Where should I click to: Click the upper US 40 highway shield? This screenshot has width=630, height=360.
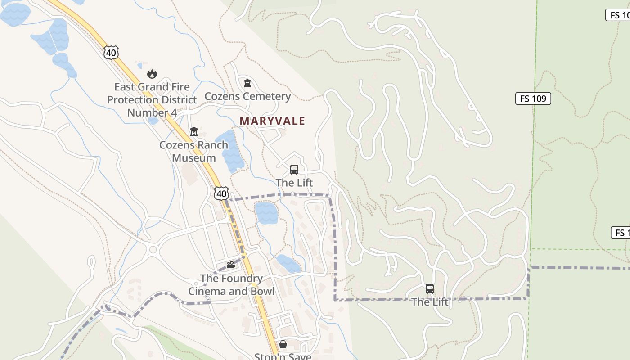111,53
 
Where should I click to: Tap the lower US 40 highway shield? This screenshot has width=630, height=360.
221,193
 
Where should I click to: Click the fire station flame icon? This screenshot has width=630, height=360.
152,74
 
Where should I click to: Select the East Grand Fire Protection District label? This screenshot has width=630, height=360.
152,99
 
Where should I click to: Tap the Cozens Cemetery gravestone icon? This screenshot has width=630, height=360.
247,83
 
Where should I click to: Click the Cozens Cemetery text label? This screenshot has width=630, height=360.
247,96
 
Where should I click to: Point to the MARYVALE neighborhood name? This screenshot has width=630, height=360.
272,121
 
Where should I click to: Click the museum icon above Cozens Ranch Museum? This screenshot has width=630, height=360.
194,132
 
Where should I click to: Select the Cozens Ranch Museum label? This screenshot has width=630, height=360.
194,152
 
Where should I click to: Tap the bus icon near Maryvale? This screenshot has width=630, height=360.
294,170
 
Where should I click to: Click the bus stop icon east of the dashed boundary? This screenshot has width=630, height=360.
430,289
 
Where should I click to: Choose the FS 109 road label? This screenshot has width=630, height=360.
533,99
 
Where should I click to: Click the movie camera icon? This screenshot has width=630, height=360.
231,265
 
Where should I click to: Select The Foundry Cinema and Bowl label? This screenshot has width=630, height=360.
231,285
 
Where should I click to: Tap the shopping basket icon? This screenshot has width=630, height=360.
283,344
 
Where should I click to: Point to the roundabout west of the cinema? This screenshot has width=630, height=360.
153,249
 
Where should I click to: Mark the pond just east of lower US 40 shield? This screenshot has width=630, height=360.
266,212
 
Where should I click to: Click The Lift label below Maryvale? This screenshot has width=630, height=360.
294,183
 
